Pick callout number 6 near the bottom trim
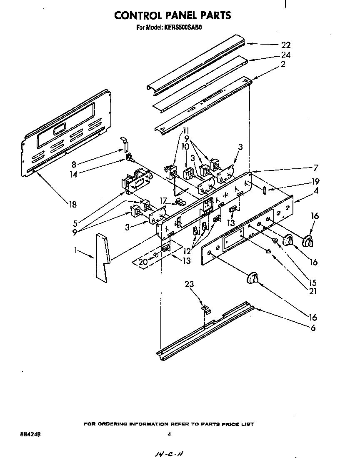tap(312, 328)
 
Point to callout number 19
tap(316, 182)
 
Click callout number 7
tap(316, 168)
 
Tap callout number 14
tap(73, 175)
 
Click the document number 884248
tap(30, 434)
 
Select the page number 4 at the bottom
tap(169, 434)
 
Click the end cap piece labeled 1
tap(101, 256)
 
